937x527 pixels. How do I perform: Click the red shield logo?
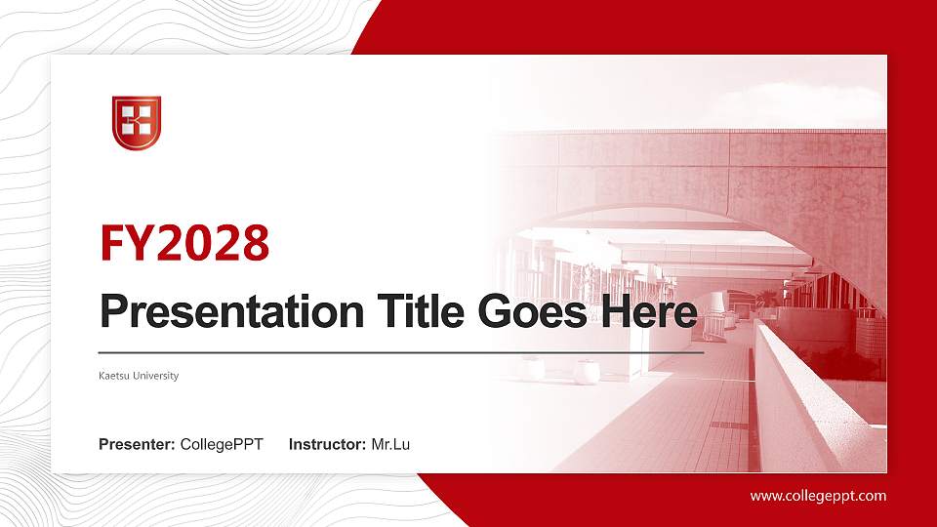[x=137, y=123]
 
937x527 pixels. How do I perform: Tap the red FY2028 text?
[x=184, y=243]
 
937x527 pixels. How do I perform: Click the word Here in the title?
[x=650, y=312]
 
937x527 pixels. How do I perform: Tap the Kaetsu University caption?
[x=139, y=376]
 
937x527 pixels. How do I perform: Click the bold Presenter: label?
[x=137, y=445]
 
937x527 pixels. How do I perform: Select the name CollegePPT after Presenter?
[x=222, y=445]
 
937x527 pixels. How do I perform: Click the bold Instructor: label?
[x=328, y=445]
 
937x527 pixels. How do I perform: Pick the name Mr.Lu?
[x=390, y=445]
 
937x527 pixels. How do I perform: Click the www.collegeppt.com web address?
[x=818, y=496]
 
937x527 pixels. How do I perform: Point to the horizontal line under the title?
[x=400, y=351]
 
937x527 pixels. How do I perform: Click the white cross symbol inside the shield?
[x=137, y=120]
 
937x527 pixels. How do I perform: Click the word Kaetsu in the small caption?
[x=113, y=376]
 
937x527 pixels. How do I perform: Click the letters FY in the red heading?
[x=125, y=243]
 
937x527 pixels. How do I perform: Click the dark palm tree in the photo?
[x=767, y=297]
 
